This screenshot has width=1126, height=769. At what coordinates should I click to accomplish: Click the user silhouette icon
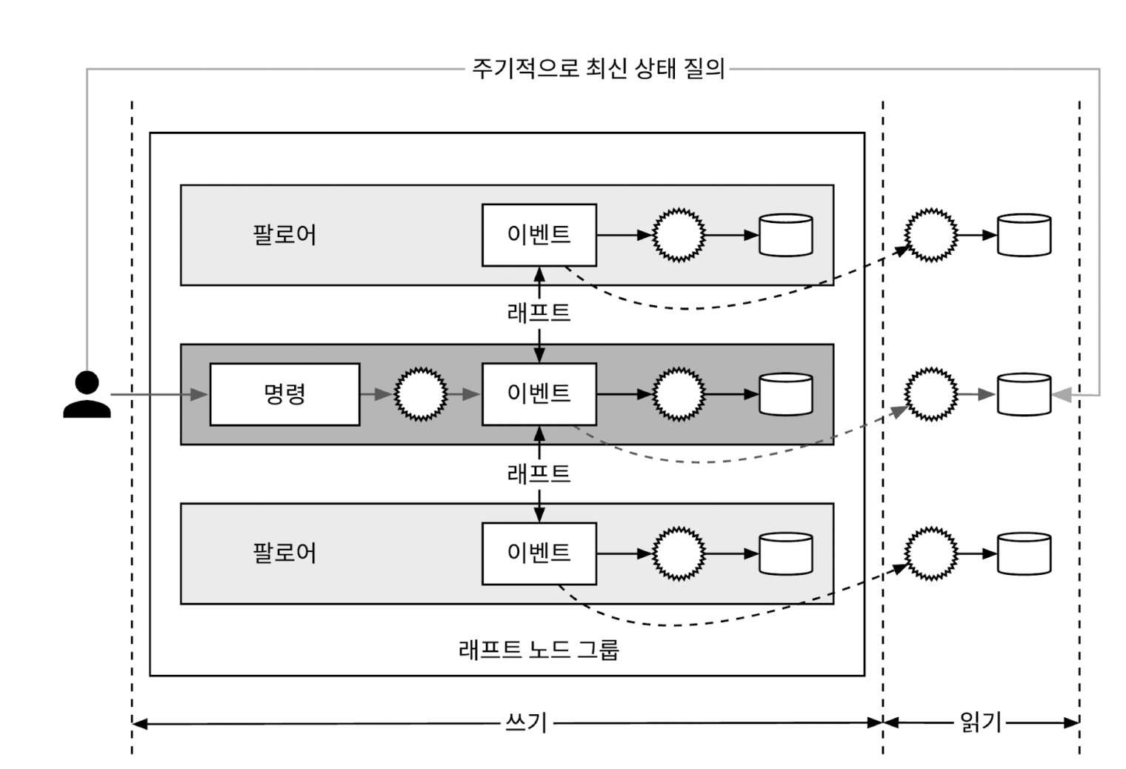(x=87, y=395)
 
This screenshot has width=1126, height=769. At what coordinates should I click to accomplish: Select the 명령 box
(x=284, y=394)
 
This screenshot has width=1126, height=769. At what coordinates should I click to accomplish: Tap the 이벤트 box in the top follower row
(x=539, y=235)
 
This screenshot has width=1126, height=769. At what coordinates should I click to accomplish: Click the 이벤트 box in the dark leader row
(x=539, y=394)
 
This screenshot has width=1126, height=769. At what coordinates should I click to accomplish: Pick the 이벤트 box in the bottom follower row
(x=539, y=553)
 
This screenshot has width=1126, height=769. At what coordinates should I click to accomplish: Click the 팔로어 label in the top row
(x=284, y=235)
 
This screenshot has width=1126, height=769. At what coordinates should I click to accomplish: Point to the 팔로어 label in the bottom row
(x=284, y=553)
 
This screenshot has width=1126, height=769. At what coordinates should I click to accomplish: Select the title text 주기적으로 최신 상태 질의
(x=598, y=69)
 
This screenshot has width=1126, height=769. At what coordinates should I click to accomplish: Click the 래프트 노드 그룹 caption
(x=539, y=650)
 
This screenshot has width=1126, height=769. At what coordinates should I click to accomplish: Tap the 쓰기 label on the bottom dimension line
(x=525, y=722)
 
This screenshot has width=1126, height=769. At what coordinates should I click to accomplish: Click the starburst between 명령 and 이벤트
(x=421, y=394)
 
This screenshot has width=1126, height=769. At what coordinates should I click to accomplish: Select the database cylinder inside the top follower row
(x=786, y=235)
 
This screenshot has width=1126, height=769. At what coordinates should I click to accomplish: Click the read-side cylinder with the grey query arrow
(x=1024, y=394)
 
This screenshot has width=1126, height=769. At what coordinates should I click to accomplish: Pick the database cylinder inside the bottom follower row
(x=786, y=553)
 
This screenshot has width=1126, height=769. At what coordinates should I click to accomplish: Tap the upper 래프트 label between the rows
(x=539, y=313)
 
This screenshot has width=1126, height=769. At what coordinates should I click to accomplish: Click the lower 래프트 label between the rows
(x=539, y=473)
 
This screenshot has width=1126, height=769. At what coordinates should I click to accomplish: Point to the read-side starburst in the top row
(x=932, y=235)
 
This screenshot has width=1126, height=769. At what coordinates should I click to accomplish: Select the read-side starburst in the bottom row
(x=932, y=553)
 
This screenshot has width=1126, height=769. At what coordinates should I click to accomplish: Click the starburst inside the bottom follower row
(x=679, y=553)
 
